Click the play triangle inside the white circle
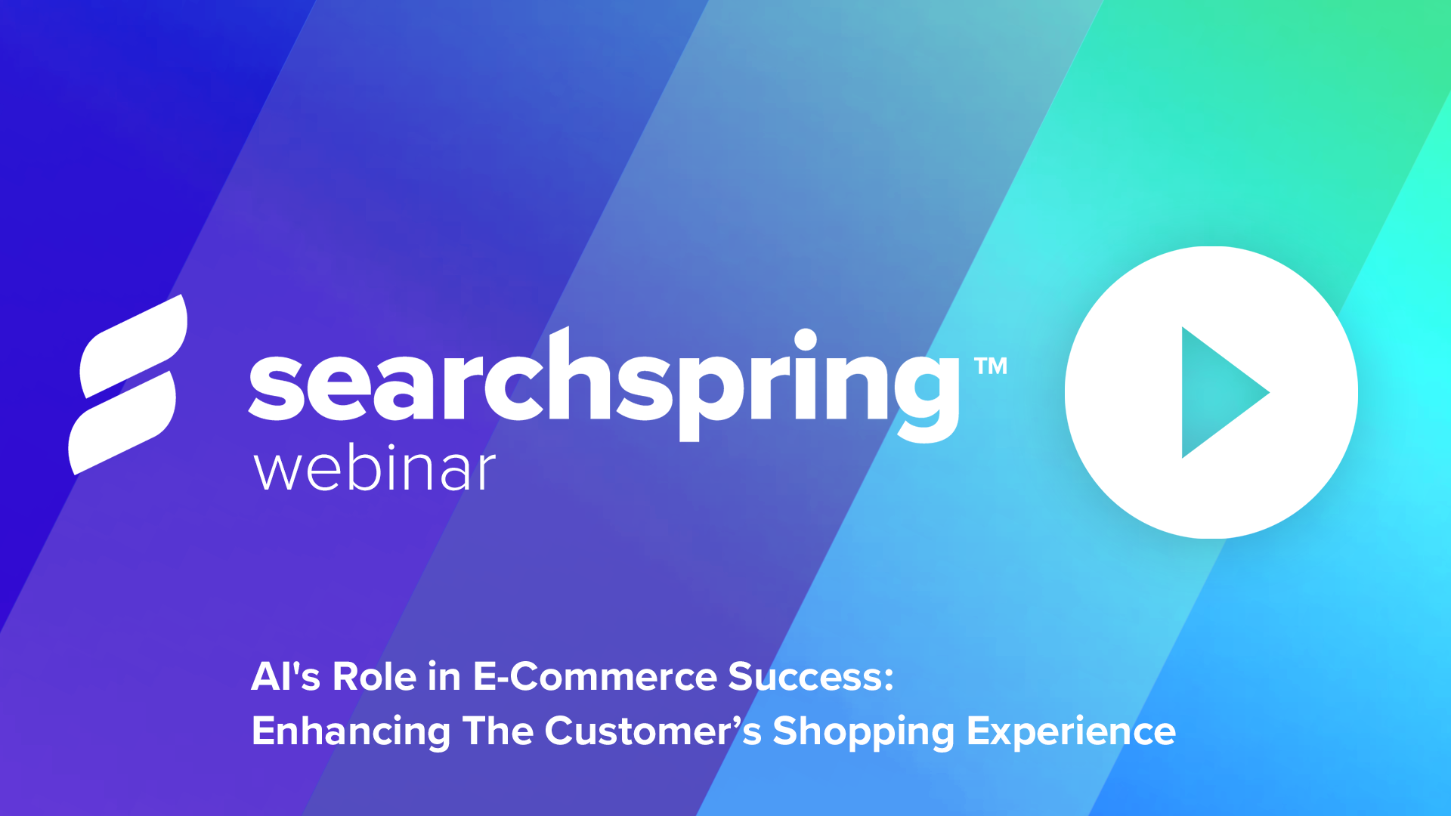coord(1217,392)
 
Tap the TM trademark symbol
coord(991,366)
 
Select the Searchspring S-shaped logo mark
coord(128,385)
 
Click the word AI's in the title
coord(286,675)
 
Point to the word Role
coord(374,675)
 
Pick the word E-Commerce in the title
coord(594,675)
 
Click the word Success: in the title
coord(811,675)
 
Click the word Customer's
coord(653,731)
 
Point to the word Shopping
coord(864,731)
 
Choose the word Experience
coord(1071,731)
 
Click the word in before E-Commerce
coord(444,675)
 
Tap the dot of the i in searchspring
coord(806,340)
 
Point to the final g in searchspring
coord(928,394)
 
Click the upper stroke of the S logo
coord(134,347)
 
